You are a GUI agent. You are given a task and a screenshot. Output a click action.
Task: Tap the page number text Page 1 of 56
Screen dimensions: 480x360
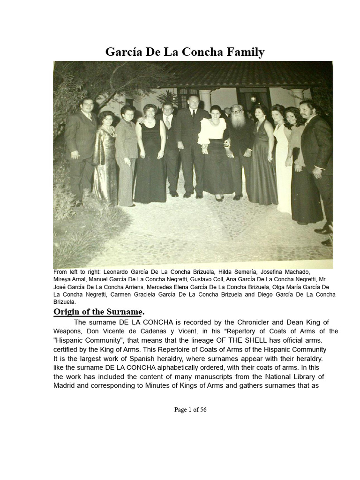click(x=190, y=410)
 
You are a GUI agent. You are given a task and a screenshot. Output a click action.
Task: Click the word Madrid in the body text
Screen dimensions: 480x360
click(x=64, y=386)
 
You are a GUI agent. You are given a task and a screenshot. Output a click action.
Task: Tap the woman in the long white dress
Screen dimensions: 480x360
click(x=282, y=164)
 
